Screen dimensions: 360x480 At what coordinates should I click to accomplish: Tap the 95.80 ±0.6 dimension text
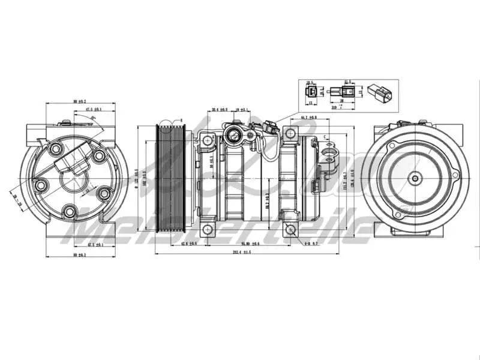250,244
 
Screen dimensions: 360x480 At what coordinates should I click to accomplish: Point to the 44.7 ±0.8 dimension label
308,117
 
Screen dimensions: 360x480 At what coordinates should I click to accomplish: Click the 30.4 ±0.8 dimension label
220,110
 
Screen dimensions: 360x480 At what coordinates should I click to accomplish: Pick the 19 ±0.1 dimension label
242,110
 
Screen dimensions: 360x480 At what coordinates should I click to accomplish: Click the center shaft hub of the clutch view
415,178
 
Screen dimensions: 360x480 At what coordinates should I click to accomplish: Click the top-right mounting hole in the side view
292,132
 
